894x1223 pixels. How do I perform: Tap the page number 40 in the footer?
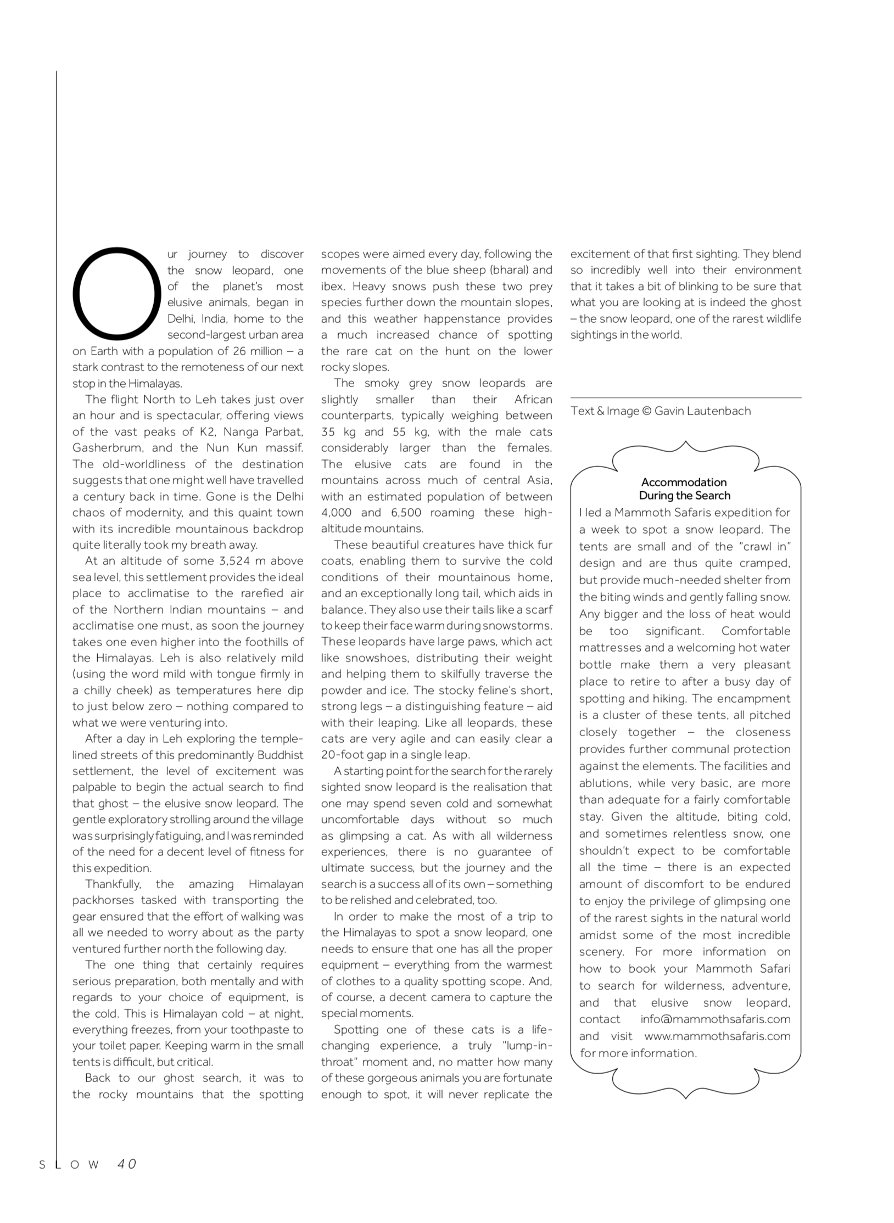127,1164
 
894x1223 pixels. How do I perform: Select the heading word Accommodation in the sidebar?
684,482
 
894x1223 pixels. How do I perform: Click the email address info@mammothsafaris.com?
715,1019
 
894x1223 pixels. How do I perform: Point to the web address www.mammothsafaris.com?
717,1036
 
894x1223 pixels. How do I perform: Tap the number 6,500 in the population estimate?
406,513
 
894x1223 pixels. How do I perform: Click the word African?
533,400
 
